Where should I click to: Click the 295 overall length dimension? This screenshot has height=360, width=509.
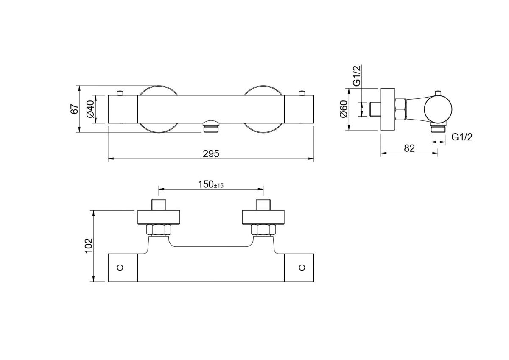pyautogui.click(x=211, y=153)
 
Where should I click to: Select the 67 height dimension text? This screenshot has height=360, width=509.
pyautogui.click(x=74, y=109)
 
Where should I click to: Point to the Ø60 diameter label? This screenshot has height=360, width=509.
pyautogui.click(x=344, y=110)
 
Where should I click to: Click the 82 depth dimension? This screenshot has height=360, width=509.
pyautogui.click(x=409, y=148)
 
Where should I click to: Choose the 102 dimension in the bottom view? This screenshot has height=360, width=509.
pyautogui.click(x=88, y=246)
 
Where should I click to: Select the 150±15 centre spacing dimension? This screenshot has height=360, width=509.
pyautogui.click(x=210, y=184)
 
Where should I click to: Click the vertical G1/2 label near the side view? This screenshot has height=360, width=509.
pyautogui.click(x=356, y=76)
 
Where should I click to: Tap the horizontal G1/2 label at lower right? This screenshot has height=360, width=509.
pyautogui.click(x=462, y=137)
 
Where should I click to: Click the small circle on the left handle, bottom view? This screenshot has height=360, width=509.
pyautogui.click(x=120, y=268)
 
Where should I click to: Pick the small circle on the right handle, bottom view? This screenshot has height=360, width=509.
pyautogui.click(x=302, y=268)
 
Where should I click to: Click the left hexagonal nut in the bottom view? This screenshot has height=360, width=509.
pyautogui.click(x=159, y=230)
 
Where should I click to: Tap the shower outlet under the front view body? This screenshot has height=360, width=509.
pyautogui.click(x=211, y=126)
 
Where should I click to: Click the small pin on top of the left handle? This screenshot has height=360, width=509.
pyautogui.click(x=120, y=93)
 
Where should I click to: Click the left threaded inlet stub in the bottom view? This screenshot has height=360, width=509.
pyautogui.click(x=159, y=204)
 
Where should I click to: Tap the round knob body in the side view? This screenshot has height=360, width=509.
pyautogui.click(x=439, y=109)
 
